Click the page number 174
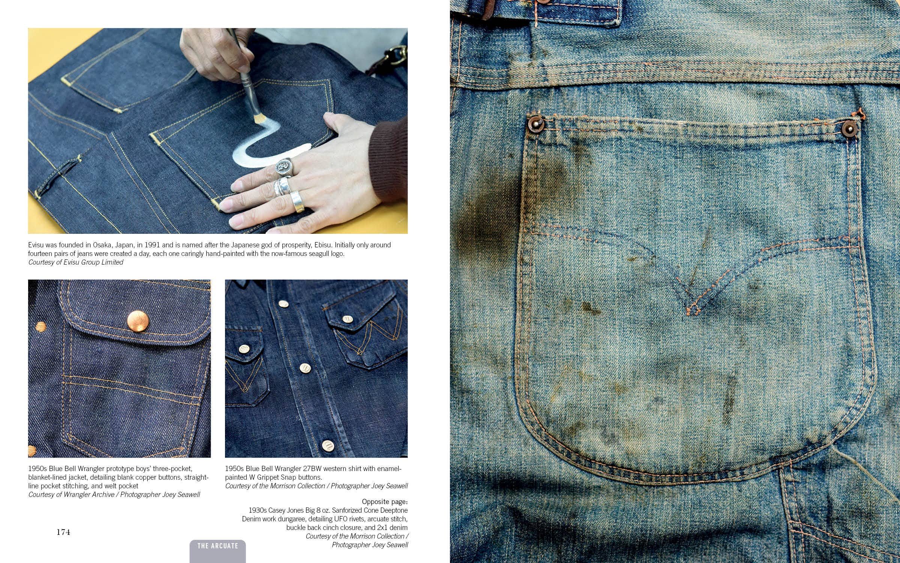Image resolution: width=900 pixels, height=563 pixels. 63,532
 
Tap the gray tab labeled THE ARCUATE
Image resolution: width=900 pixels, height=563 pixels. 217,551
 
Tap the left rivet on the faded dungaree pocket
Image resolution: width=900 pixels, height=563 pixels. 534,123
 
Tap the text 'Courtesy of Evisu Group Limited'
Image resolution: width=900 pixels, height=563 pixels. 76,262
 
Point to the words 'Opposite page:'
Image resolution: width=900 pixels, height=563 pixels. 385,502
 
